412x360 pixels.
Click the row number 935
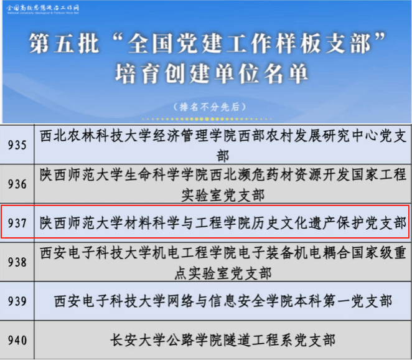tap(17, 145)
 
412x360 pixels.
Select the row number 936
tap(17, 184)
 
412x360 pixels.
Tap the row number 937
tap(17, 223)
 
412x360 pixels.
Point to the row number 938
tap(17, 262)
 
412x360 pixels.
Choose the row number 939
tap(17, 301)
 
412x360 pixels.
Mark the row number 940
tap(17, 340)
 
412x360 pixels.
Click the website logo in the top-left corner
tap(42, 9)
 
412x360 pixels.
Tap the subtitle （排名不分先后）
tap(210, 107)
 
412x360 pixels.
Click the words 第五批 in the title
tap(64, 44)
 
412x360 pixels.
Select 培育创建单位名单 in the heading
tap(212, 73)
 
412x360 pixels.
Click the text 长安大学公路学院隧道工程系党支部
tap(223, 340)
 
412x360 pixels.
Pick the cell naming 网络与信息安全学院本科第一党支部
tap(223, 301)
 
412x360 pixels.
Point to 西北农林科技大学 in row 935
tap(95, 136)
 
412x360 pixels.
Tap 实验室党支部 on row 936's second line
tap(223, 196)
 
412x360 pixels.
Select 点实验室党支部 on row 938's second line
tap(223, 273)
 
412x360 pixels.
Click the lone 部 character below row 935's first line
tap(223, 156)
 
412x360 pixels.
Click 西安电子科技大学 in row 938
tap(95, 253)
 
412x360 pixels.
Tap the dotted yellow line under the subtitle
tap(207, 119)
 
